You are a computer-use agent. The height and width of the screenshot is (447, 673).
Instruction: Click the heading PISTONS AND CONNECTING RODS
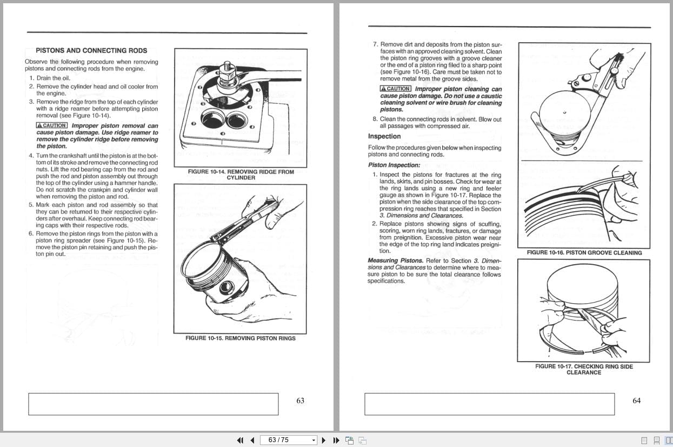coord(91,50)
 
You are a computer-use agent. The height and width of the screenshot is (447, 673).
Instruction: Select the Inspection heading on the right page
coord(384,136)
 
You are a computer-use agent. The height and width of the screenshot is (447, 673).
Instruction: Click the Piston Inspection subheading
coord(394,165)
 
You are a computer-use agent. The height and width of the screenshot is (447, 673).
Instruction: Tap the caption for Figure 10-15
coord(240,338)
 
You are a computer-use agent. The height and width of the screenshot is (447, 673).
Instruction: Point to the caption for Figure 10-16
coord(584,252)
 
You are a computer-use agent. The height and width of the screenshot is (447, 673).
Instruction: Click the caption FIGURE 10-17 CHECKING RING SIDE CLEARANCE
coord(584,369)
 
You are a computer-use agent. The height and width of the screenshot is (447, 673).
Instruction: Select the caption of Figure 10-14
coord(241,175)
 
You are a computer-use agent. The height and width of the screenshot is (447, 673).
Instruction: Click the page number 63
coord(301,401)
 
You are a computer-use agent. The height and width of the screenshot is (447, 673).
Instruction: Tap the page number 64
coord(637,401)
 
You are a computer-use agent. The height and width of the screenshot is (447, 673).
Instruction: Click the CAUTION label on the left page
coord(52,125)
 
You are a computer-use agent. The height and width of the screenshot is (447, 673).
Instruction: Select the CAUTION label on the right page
coord(396,89)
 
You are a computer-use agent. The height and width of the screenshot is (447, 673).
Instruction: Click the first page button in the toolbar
coord(241,440)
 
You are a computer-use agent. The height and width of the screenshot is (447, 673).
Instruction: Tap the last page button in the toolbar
coord(336,440)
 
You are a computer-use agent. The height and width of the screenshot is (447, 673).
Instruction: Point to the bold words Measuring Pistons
coord(395,261)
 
